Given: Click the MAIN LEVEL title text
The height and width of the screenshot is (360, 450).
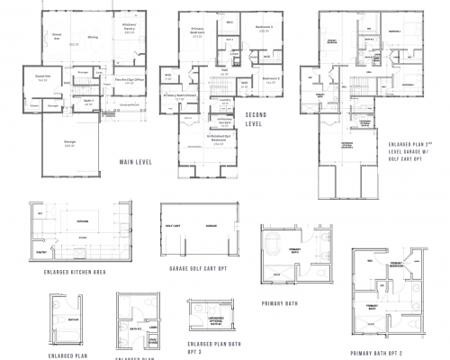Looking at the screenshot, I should point(133,162).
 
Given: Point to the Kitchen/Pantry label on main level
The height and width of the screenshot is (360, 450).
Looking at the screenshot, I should point(129,29).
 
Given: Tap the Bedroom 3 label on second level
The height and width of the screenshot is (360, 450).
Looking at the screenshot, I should point(264,28).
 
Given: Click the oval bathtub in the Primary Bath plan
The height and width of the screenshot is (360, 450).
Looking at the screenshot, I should point(275,247).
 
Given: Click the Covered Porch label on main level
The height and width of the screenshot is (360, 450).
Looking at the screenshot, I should point(128,104).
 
